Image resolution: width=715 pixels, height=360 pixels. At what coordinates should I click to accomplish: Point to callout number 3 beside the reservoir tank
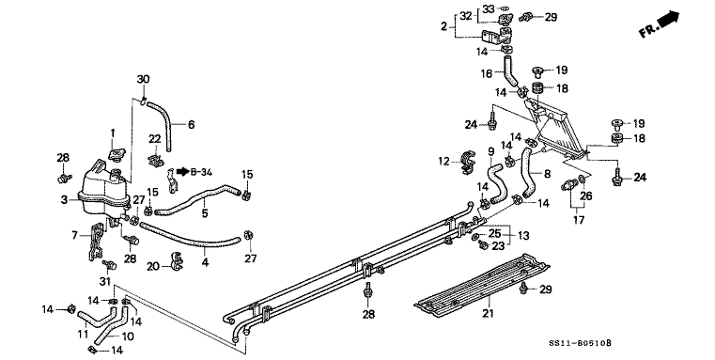(x=64, y=199)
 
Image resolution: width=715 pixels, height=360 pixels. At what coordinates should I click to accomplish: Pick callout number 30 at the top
(x=143, y=79)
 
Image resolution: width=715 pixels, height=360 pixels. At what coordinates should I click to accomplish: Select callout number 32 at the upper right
(x=466, y=15)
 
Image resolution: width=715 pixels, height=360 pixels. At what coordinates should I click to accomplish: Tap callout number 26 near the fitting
(x=589, y=196)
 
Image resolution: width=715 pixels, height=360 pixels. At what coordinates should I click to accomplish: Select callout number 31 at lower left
(x=104, y=282)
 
